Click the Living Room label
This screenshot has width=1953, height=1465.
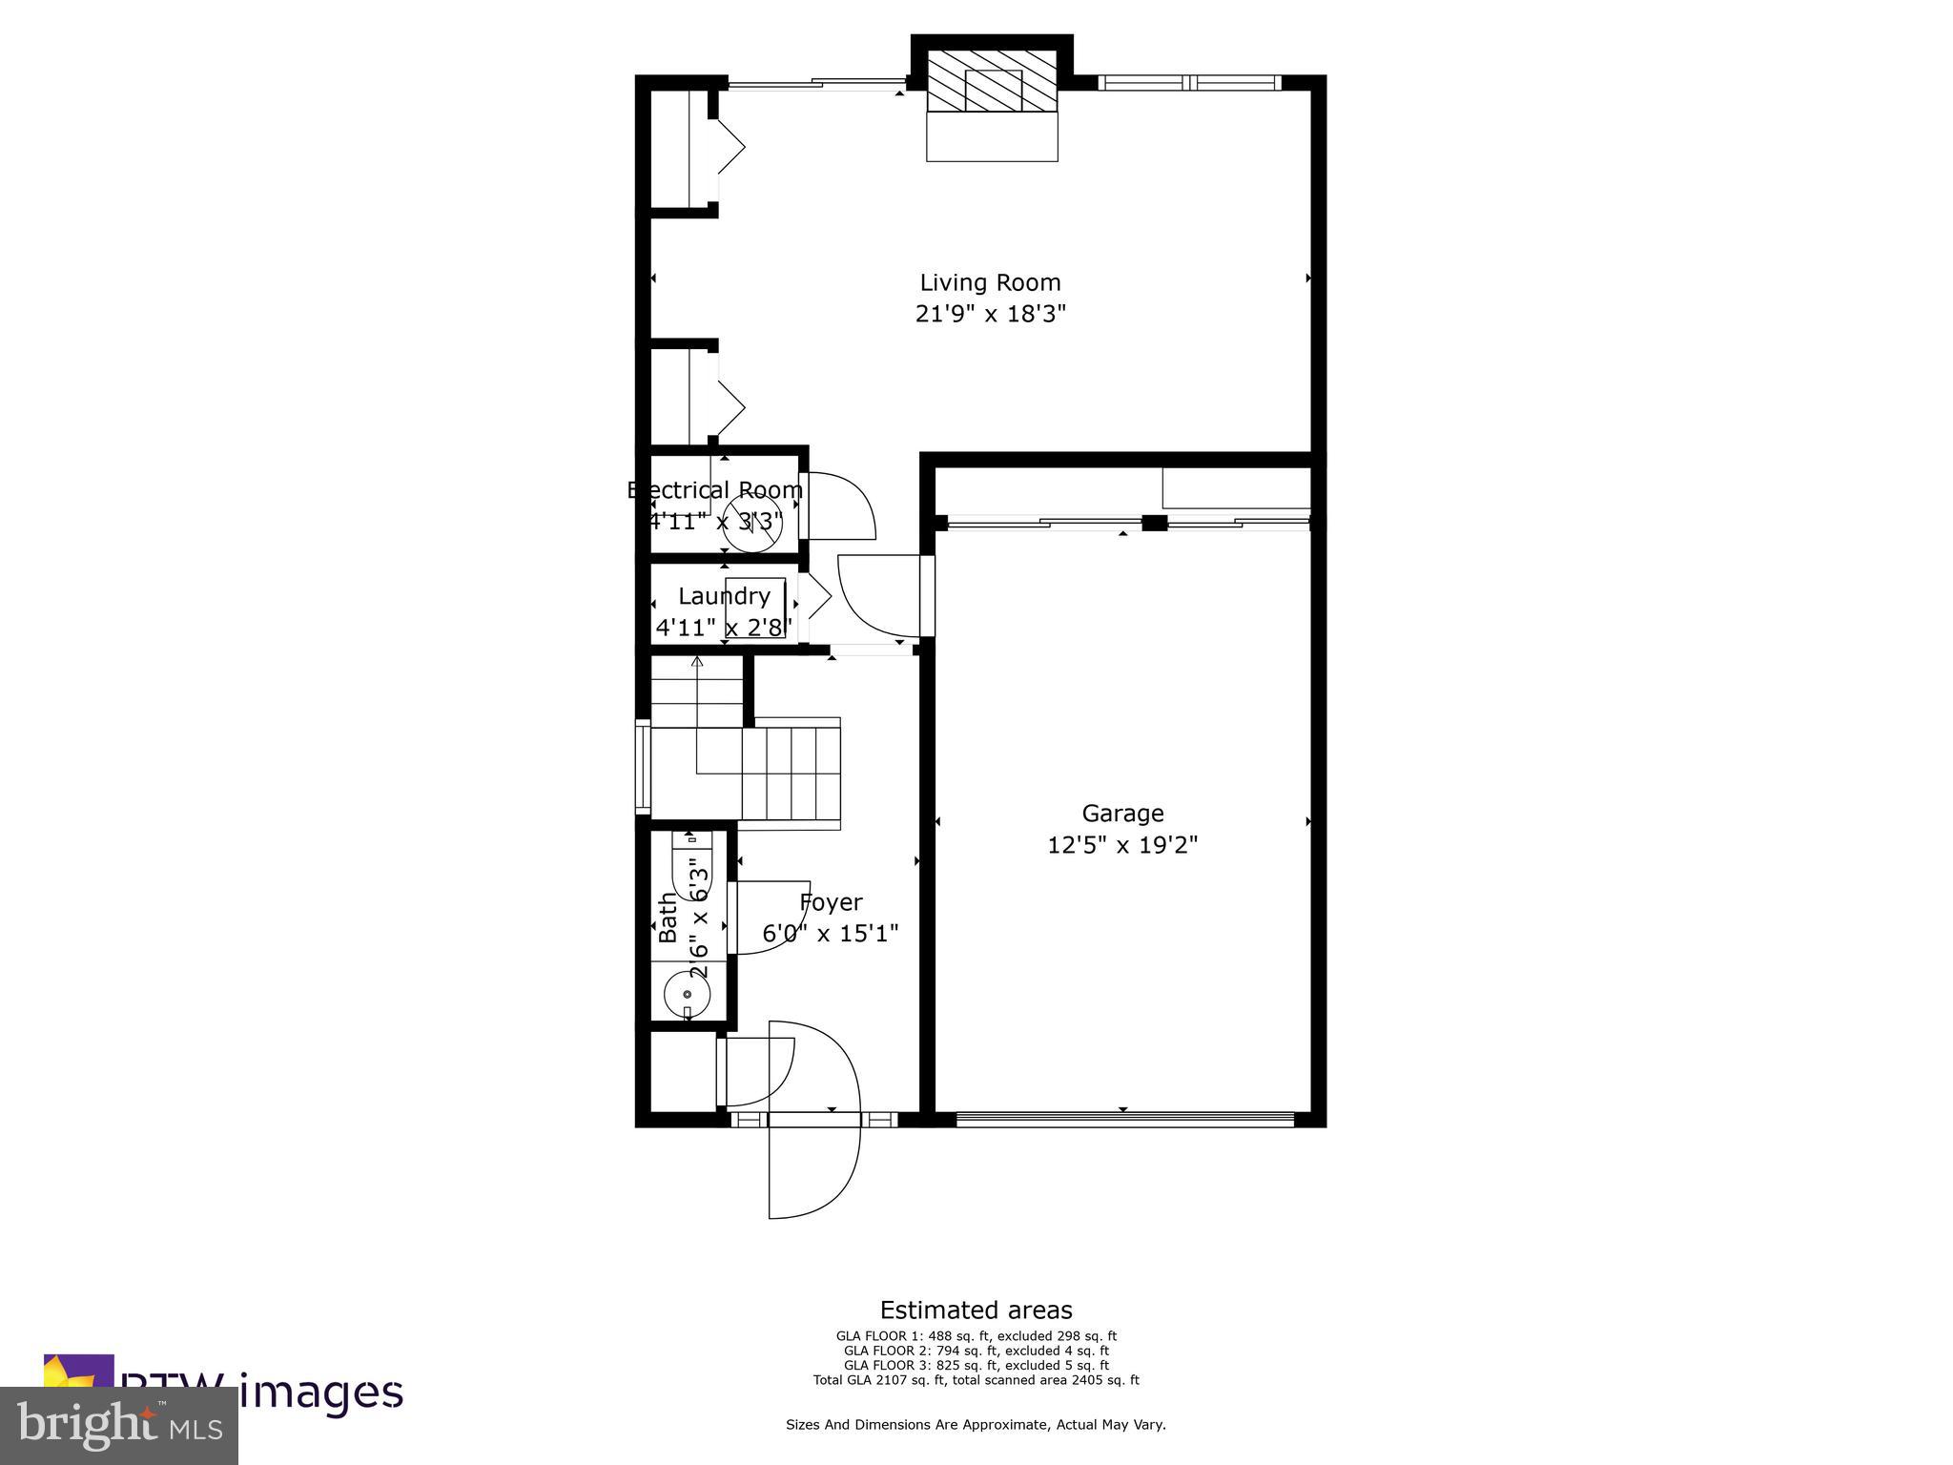(990, 282)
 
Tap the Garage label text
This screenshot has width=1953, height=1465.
(1122, 814)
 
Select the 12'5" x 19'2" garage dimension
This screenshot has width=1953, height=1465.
(1122, 845)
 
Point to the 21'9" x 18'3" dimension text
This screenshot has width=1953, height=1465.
(990, 314)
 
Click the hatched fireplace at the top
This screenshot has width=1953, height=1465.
(992, 82)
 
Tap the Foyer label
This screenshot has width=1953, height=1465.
(831, 902)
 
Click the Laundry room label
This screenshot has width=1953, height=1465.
(724, 596)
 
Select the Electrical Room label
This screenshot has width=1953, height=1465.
(715, 490)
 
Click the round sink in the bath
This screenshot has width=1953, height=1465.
(687, 994)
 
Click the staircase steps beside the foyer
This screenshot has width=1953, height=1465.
(791, 768)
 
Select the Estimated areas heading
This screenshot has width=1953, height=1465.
(976, 1310)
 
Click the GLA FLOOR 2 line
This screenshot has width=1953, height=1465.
(976, 1351)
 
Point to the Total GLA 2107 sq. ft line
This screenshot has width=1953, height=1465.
(976, 1380)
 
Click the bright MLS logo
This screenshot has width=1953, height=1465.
(119, 1425)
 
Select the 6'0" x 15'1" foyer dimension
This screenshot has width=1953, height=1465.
(831, 933)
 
